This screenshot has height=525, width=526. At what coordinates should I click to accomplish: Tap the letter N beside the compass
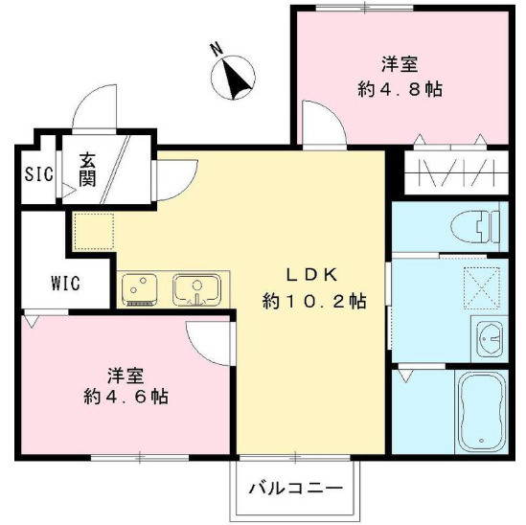click(x=217, y=48)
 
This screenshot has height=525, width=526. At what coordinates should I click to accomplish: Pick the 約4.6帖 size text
click(x=126, y=396)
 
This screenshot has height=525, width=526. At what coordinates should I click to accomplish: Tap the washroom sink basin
click(x=489, y=338)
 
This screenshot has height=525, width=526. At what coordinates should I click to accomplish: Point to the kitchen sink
click(x=196, y=287)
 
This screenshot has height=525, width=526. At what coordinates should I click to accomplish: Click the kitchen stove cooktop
click(x=142, y=287)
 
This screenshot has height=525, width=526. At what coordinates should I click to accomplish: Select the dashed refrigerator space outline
click(x=93, y=231)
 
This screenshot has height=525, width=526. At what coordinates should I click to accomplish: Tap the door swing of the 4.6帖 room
click(x=209, y=339)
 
